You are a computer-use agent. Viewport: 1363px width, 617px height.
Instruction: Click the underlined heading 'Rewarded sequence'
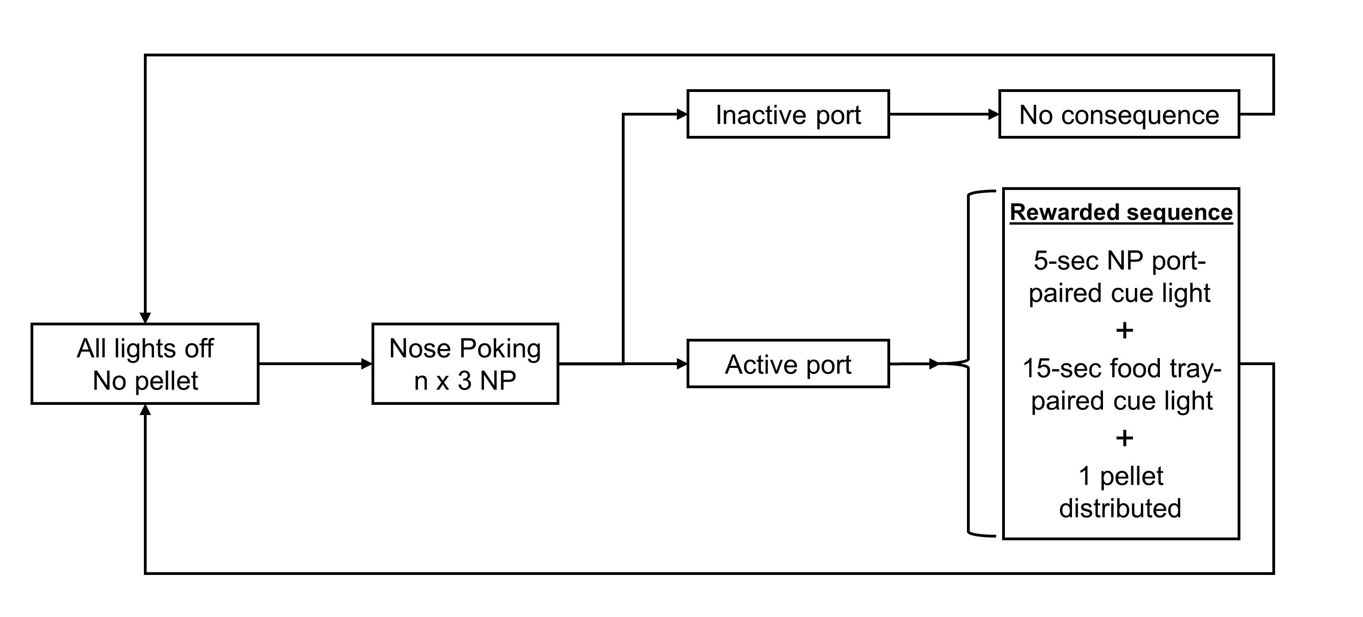[1121, 213]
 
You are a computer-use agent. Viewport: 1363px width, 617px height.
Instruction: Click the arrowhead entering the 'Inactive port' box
[681, 114]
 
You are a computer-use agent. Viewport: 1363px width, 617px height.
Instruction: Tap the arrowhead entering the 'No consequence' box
[993, 114]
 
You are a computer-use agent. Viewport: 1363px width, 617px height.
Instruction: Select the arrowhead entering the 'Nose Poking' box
[367, 364]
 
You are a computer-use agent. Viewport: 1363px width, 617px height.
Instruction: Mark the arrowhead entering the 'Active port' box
[681, 364]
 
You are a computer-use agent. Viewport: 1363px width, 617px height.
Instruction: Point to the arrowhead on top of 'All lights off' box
[145, 318]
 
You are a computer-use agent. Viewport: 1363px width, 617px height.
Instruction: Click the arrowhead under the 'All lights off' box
[145, 410]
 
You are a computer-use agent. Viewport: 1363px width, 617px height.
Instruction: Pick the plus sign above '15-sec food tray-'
[1124, 331]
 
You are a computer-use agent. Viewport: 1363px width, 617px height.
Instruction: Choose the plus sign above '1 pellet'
[1124, 438]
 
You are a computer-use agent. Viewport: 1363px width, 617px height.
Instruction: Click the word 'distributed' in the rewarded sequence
[1120, 508]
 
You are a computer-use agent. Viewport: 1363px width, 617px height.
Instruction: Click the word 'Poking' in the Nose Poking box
[500, 349]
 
